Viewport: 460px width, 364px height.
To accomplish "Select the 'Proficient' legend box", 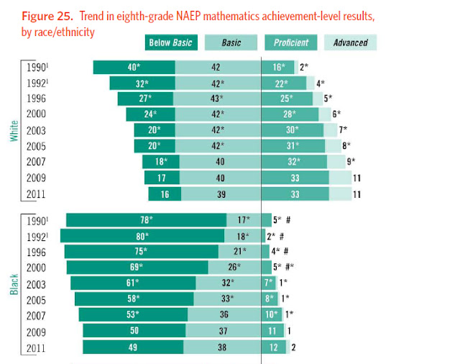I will click(x=291, y=43).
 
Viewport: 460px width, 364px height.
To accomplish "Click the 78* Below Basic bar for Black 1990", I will click(x=147, y=220).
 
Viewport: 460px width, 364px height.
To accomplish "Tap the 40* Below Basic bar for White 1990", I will click(x=134, y=67).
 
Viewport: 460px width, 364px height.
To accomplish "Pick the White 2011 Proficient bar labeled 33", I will click(x=295, y=194).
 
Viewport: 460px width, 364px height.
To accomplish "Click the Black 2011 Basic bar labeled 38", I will click(x=223, y=347).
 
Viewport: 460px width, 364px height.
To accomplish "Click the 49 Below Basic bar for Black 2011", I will click(x=133, y=347).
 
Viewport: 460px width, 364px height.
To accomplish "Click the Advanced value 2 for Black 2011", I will click(x=293, y=347).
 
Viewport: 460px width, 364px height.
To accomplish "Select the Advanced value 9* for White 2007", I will click(x=351, y=162).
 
